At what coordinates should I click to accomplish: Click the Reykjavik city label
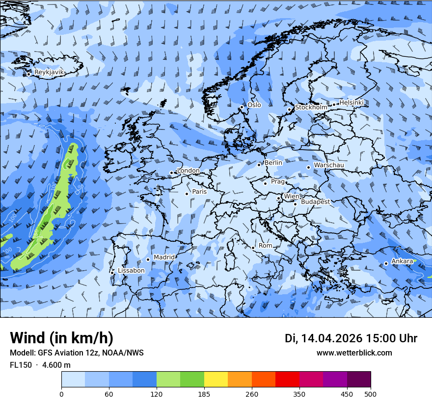(49, 72)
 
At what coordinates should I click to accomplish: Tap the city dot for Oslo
(242, 107)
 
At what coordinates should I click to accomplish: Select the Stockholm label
(311, 107)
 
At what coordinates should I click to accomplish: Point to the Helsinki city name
(351, 102)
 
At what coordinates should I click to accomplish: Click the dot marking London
(171, 173)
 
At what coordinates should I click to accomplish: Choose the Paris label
(199, 192)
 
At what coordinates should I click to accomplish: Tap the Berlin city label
(273, 163)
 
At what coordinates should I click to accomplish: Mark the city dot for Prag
(265, 183)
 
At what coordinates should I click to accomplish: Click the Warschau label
(328, 165)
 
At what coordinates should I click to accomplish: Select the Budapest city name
(315, 202)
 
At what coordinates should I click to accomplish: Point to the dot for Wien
(278, 199)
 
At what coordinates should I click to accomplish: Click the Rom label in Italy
(265, 246)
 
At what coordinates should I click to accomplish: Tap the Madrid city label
(164, 257)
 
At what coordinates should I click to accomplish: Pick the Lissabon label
(131, 271)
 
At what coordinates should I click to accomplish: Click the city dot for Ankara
(386, 263)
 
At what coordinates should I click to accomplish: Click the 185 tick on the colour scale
(204, 393)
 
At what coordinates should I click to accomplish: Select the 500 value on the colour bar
(371, 393)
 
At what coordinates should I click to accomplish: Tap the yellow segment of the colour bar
(216, 380)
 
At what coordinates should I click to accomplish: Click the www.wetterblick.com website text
(354, 353)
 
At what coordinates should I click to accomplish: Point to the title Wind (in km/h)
(61, 338)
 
